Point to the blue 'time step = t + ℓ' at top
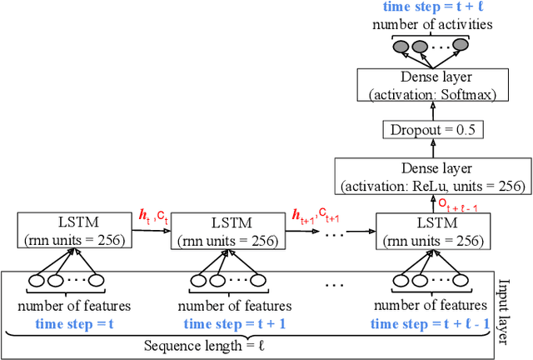pos(432,7)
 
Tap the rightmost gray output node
pos(465,46)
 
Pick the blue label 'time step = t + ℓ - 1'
pos(430,324)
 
